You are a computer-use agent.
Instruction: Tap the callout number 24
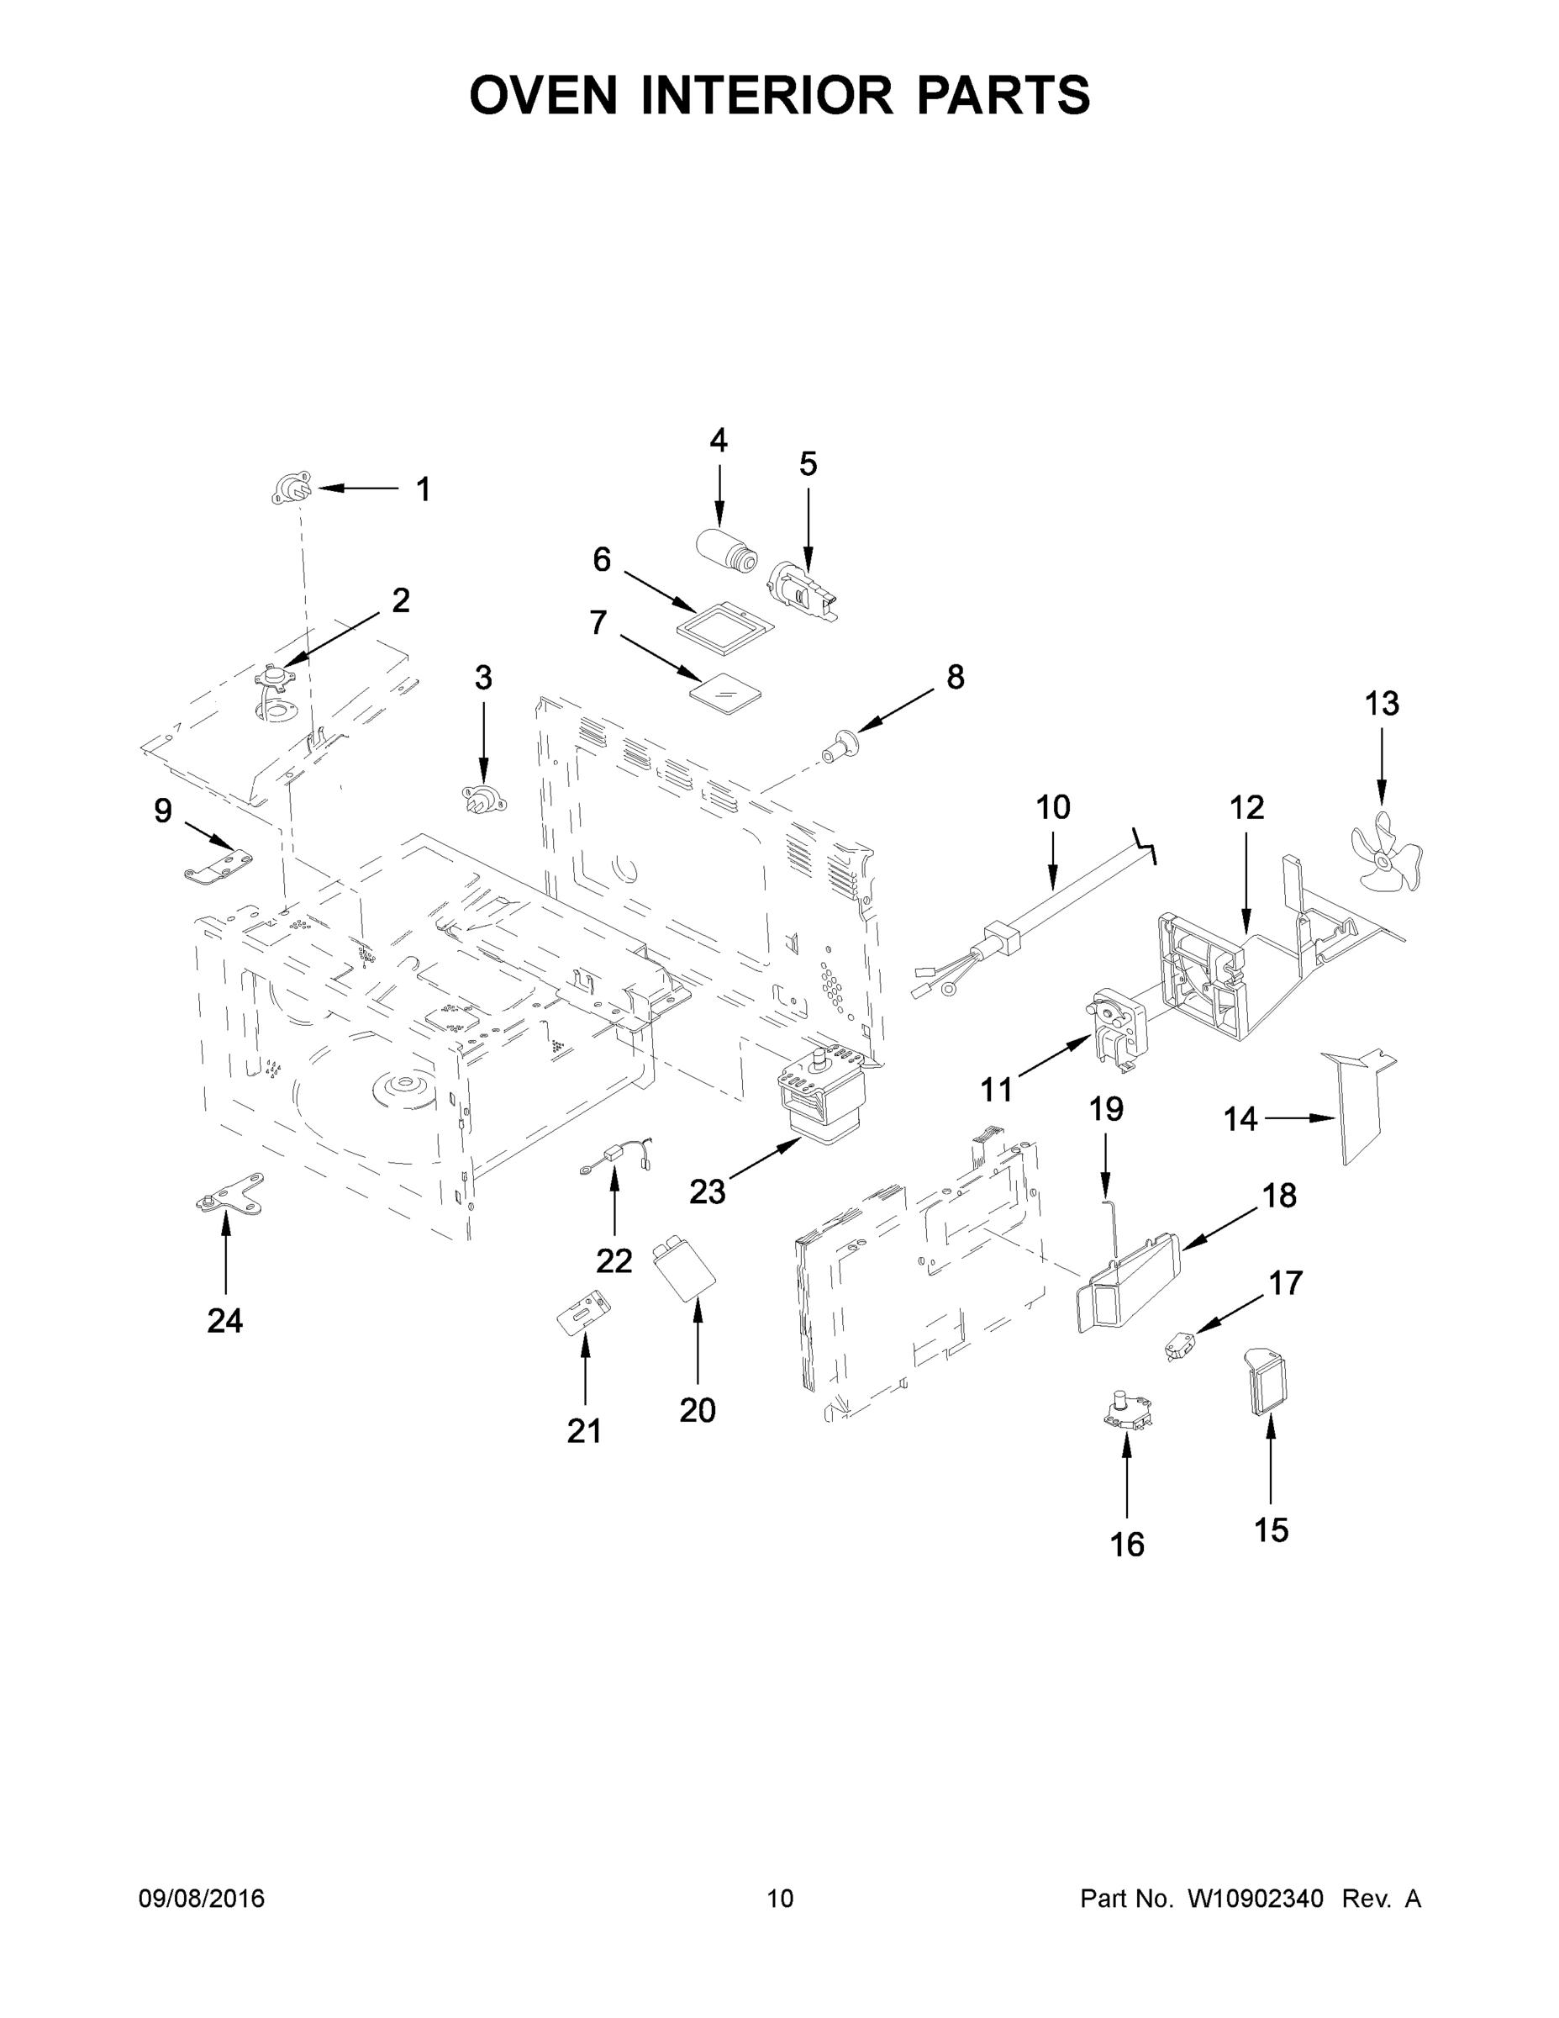(x=224, y=1321)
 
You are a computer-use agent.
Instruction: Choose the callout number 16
(x=1127, y=1544)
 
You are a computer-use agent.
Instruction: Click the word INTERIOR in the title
(x=766, y=95)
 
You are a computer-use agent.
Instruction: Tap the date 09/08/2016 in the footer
(x=202, y=1899)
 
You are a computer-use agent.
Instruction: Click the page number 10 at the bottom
(x=780, y=1899)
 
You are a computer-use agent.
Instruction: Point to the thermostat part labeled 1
(x=292, y=488)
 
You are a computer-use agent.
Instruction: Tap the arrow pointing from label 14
(x=1300, y=1118)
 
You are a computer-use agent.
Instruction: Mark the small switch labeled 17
(x=1178, y=1352)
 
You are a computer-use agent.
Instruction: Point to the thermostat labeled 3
(x=483, y=796)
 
